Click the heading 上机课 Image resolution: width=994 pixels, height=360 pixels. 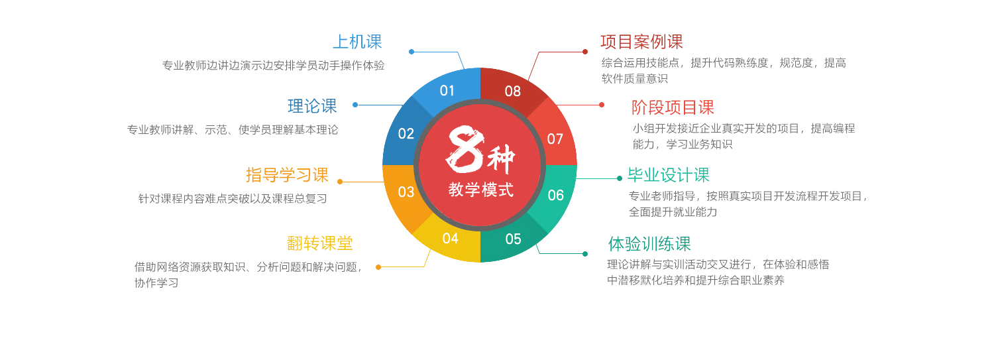point(357,42)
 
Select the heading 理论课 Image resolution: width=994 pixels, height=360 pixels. point(312,106)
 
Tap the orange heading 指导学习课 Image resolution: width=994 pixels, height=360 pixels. point(287,175)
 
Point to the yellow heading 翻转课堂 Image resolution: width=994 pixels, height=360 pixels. point(320,243)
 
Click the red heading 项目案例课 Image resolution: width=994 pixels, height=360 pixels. point(641,42)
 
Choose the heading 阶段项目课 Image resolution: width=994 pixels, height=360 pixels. point(673,107)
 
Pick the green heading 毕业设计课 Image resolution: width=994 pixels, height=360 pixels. point(668,175)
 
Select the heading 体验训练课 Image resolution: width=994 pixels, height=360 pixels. point(649,244)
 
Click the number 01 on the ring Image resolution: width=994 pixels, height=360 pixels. point(447,91)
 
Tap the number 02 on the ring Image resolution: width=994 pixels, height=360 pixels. point(406,134)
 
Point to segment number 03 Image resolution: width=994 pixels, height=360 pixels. point(406,192)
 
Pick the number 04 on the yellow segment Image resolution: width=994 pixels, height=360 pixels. point(451,239)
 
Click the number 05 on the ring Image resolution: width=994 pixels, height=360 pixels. point(513,239)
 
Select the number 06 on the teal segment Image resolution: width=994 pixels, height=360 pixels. point(555,196)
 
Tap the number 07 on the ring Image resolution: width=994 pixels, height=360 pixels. point(555,139)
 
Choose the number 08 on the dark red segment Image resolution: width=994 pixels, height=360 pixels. point(512,91)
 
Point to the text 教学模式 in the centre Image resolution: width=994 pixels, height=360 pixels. point(480,190)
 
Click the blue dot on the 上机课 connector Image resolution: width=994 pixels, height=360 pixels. point(412,52)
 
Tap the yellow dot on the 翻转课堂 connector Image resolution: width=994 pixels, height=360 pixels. point(378,267)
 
